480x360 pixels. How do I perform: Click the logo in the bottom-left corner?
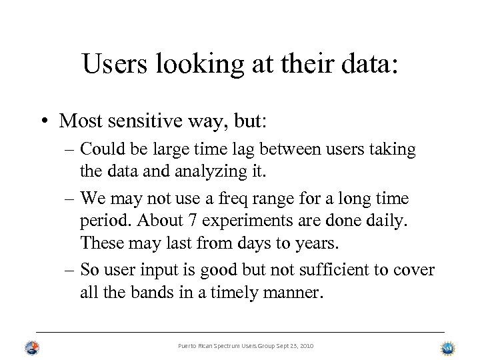click(x=32, y=347)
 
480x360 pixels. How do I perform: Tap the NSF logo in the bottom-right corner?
click(x=448, y=348)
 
